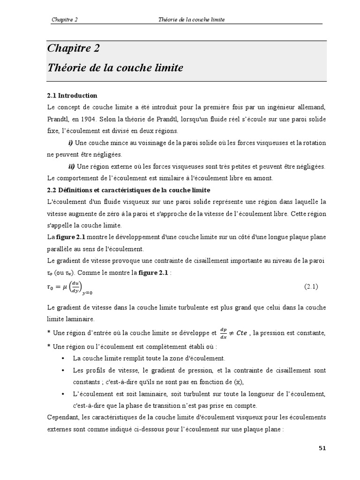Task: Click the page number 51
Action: coord(322,448)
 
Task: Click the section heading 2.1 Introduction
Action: coord(72,96)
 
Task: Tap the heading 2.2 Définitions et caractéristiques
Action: coord(129,190)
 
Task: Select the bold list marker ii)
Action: coord(72,166)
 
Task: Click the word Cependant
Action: coord(64,417)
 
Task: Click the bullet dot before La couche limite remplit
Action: coord(63,358)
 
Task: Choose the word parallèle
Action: coord(61,248)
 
